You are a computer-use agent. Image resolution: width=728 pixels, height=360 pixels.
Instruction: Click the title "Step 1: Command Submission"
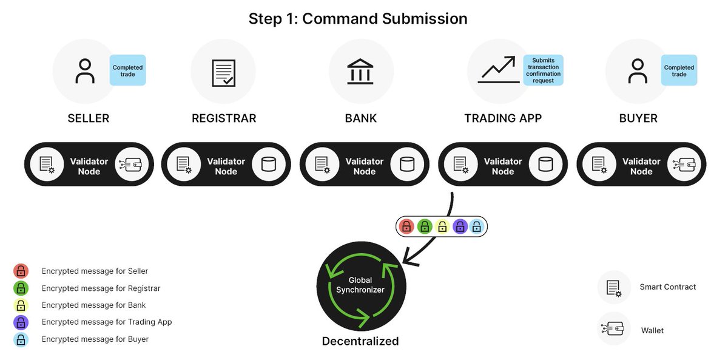(x=358, y=19)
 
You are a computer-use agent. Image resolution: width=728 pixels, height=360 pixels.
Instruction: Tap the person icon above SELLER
(x=85, y=71)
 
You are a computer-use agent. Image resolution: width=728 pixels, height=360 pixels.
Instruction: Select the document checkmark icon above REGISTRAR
(x=223, y=72)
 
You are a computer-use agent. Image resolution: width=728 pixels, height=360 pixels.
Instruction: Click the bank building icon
(x=361, y=71)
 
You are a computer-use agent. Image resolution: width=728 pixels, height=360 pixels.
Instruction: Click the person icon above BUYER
(x=637, y=71)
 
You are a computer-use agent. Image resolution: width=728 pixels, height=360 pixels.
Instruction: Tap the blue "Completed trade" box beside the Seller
(x=127, y=70)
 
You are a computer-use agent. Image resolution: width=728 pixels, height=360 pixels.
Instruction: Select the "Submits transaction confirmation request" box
(x=543, y=70)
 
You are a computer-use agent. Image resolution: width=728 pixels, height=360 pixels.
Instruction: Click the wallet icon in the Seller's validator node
(x=132, y=164)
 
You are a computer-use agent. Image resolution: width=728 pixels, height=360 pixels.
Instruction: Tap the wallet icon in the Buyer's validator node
(x=684, y=164)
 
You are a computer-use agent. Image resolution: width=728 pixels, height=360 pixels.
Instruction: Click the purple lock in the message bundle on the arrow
(x=460, y=227)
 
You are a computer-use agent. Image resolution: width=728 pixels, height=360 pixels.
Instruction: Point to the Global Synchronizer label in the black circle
(x=360, y=285)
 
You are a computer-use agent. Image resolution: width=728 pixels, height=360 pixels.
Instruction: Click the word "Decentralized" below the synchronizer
(x=360, y=341)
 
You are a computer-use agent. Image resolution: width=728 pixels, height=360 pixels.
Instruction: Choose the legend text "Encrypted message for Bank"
(x=93, y=305)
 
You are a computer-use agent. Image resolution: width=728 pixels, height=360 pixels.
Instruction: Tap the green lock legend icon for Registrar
(x=21, y=288)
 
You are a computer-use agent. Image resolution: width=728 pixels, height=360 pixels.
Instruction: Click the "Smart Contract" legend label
(x=667, y=287)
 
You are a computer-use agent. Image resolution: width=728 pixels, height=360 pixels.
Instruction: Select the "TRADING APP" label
(x=502, y=118)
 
